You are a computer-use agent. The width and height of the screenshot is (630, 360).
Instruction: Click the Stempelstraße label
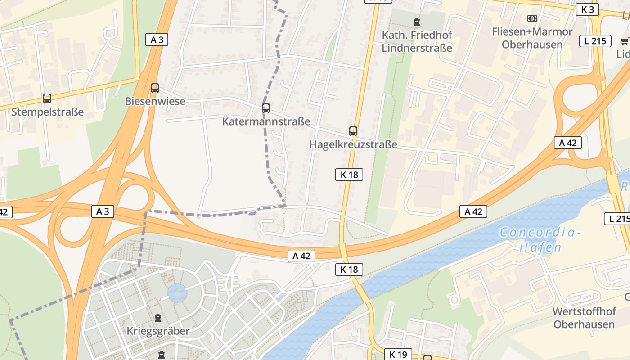pos(47,112)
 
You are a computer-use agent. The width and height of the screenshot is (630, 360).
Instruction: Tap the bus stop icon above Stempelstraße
pos(47,98)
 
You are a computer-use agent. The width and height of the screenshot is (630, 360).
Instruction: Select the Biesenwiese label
pos(155,101)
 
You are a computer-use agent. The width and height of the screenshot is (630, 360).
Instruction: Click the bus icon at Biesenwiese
pos(155,88)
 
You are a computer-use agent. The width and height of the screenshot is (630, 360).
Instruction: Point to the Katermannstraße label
pos(266,121)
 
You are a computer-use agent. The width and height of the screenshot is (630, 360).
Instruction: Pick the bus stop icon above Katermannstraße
pos(266,108)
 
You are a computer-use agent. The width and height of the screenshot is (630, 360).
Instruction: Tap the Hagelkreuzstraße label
pos(353,144)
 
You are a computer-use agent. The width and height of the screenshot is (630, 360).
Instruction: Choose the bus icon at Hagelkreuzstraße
pos(353,131)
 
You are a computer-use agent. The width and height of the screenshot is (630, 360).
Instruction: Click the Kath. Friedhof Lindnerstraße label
pos(417,41)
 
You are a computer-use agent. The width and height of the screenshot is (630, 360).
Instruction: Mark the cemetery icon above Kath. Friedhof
pos(417,21)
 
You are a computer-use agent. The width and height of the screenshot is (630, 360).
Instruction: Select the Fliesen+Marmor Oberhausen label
pos(532,38)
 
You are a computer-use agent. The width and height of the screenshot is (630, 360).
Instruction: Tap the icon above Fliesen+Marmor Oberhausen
pos(532,18)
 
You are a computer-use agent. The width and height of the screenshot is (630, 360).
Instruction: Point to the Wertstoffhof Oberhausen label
pos(584,318)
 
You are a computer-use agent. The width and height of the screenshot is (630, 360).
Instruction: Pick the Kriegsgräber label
pos(158,331)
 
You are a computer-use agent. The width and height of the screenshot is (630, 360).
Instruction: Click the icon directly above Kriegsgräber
pos(158,318)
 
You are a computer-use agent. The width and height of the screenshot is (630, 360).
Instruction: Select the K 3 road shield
pos(587,9)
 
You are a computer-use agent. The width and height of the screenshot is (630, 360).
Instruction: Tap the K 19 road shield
pos(398,355)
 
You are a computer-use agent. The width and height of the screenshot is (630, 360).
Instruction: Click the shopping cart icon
pos(625,41)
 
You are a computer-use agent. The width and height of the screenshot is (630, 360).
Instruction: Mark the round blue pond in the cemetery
pos(177,293)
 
